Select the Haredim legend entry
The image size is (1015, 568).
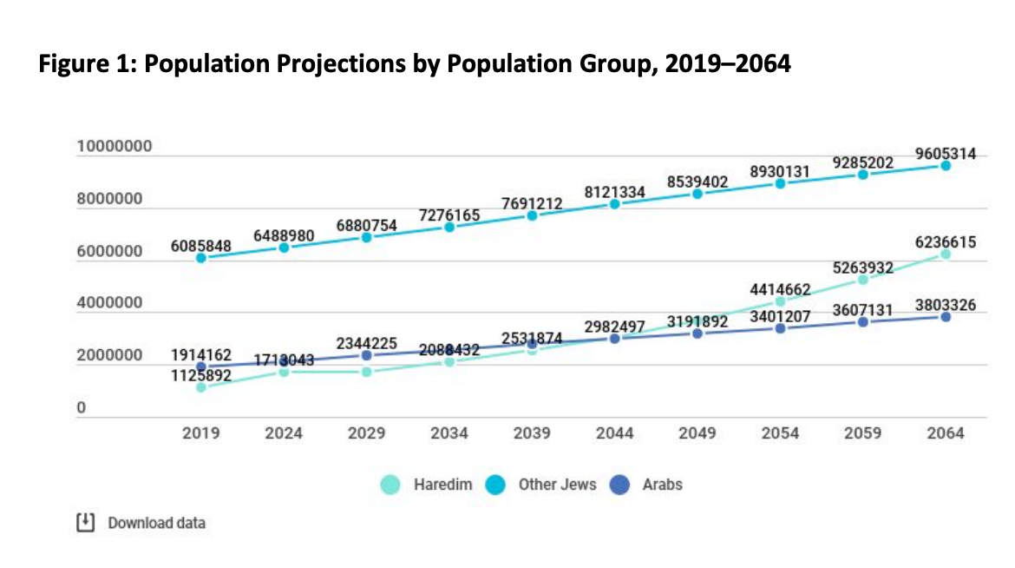click(429, 485)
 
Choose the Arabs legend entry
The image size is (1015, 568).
click(649, 485)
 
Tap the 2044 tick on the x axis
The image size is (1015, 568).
click(614, 433)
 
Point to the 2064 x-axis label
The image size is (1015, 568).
click(946, 433)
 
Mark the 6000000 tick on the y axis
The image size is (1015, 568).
click(115, 252)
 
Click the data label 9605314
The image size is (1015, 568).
click(946, 154)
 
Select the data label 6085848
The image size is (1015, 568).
click(200, 246)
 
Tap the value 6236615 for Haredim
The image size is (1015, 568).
click(946, 243)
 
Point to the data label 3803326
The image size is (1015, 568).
click(946, 305)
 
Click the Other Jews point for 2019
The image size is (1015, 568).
click(200, 258)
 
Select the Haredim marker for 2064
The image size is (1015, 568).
click(946, 254)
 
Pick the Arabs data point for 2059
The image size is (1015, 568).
click(863, 321)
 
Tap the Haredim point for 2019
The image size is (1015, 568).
click(200, 387)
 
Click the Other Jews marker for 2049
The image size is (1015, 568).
click(697, 194)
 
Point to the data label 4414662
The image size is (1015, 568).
click(780, 290)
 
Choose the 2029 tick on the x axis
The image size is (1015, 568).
click(366, 433)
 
